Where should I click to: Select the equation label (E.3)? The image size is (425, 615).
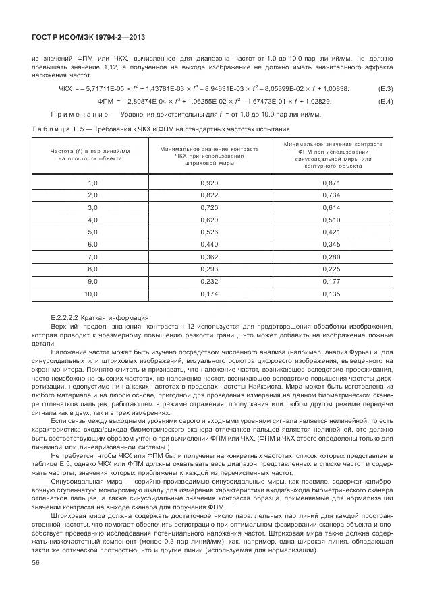pyautogui.click(x=385, y=89)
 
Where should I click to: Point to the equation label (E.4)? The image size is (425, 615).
pyautogui.click(x=385, y=102)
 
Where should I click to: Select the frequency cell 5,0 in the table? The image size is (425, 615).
pyautogui.click(x=93, y=232)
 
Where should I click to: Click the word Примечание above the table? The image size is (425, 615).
pyautogui.click(x=79, y=115)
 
